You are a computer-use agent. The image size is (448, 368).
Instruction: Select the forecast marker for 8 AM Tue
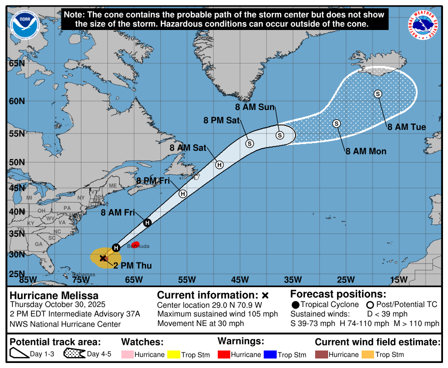(x=378, y=94)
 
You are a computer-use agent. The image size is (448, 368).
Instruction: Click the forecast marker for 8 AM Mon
(x=336, y=123)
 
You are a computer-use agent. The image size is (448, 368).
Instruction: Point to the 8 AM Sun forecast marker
(x=280, y=135)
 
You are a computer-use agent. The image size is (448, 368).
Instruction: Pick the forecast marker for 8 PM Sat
(x=250, y=143)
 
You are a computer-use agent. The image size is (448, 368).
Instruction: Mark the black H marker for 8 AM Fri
(x=147, y=223)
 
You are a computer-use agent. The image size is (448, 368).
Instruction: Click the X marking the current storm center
(x=103, y=258)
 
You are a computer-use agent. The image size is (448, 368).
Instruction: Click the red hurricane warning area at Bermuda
(x=135, y=244)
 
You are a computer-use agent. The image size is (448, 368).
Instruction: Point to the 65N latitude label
(x=16, y=63)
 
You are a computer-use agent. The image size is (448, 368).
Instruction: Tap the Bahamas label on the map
(x=83, y=274)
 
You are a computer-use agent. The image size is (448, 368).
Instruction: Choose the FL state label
(x=43, y=260)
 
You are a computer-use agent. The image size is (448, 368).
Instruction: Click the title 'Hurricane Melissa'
(x=54, y=295)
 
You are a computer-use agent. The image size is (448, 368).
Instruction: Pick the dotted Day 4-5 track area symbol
(x=74, y=354)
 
